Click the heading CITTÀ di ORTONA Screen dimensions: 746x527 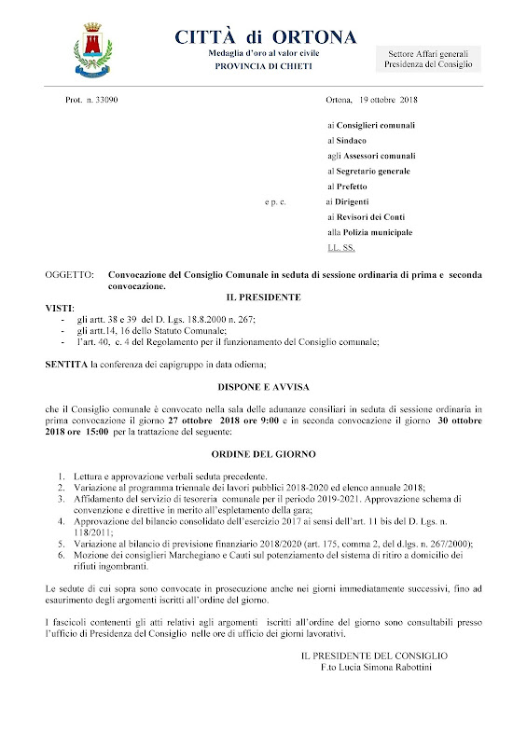[265, 37]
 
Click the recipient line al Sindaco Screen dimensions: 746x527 [351, 140]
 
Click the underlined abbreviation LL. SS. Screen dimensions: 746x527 [341, 247]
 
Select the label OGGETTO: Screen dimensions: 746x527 [69, 277]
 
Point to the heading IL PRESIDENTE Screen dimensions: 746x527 [264, 297]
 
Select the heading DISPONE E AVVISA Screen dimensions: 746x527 [264, 384]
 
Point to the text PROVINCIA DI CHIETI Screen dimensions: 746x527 [264, 67]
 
